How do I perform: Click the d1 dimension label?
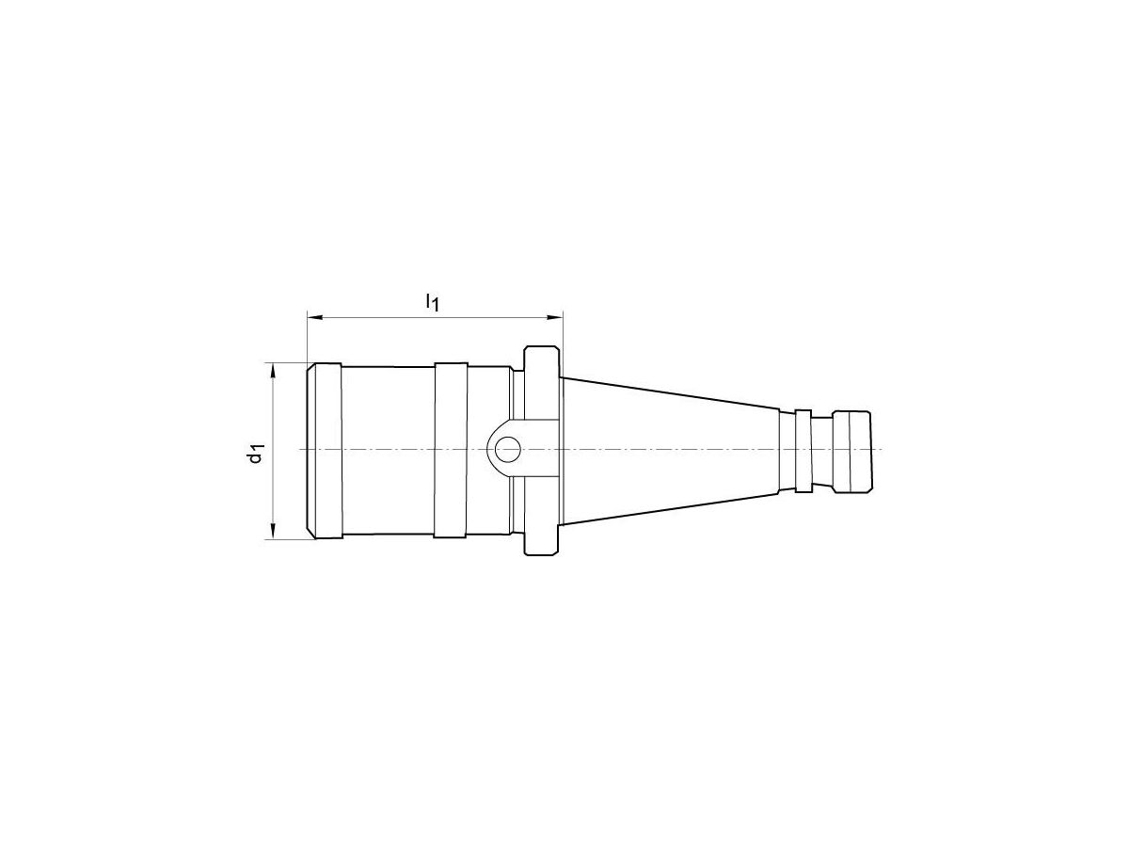tap(254, 453)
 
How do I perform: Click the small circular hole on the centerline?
tap(507, 450)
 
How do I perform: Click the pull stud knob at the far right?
tap(854, 450)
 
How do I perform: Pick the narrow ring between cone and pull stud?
tap(803, 450)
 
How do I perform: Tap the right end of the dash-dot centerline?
tap(881, 450)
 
